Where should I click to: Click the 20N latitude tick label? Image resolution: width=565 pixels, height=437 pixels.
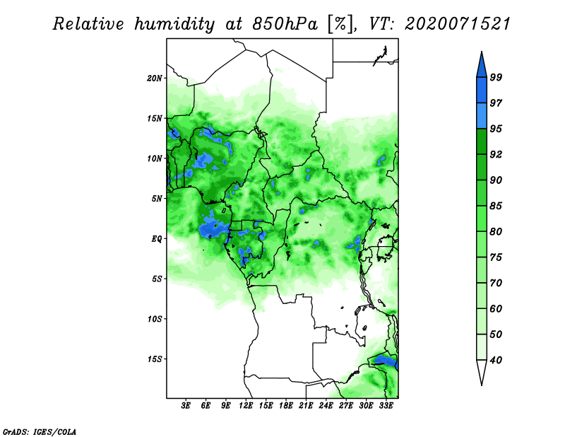point(155,78)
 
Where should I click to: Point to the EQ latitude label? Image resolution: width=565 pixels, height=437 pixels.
point(157,239)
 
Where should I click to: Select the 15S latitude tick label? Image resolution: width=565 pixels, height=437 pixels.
point(155,359)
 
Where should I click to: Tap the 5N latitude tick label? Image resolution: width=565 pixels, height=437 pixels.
point(157,199)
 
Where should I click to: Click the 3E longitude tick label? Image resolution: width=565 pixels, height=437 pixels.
point(186,405)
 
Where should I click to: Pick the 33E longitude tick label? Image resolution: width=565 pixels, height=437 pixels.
point(386,405)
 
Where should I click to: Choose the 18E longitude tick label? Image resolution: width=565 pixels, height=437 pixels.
point(286,405)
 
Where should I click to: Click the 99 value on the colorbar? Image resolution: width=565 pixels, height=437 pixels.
point(496,77)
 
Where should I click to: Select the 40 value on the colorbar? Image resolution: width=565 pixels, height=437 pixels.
point(496,360)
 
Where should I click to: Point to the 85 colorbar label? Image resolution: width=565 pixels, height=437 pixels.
point(496,206)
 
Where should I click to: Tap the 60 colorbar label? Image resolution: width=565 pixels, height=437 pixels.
point(496,308)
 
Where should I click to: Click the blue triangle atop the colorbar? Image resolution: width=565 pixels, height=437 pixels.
point(482,66)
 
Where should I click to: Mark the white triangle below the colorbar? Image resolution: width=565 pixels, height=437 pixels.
point(482,371)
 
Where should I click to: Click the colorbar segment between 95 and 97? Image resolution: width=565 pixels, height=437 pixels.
point(482,116)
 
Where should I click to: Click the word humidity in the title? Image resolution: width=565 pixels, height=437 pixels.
point(174,25)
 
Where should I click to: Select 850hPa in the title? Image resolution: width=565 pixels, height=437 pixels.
point(285,24)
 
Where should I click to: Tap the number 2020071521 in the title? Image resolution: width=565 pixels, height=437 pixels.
point(458,24)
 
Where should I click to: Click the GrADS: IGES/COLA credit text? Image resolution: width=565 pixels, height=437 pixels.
point(40,431)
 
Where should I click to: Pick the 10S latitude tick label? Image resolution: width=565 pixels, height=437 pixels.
point(155,319)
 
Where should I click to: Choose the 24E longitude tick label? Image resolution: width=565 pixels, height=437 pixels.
point(326,405)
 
